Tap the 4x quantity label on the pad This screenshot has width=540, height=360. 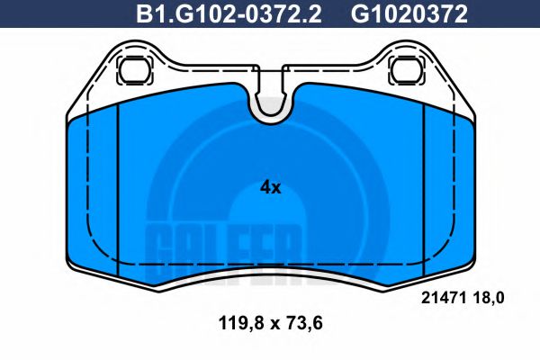(270, 187)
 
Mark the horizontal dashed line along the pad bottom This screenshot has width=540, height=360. (270, 262)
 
